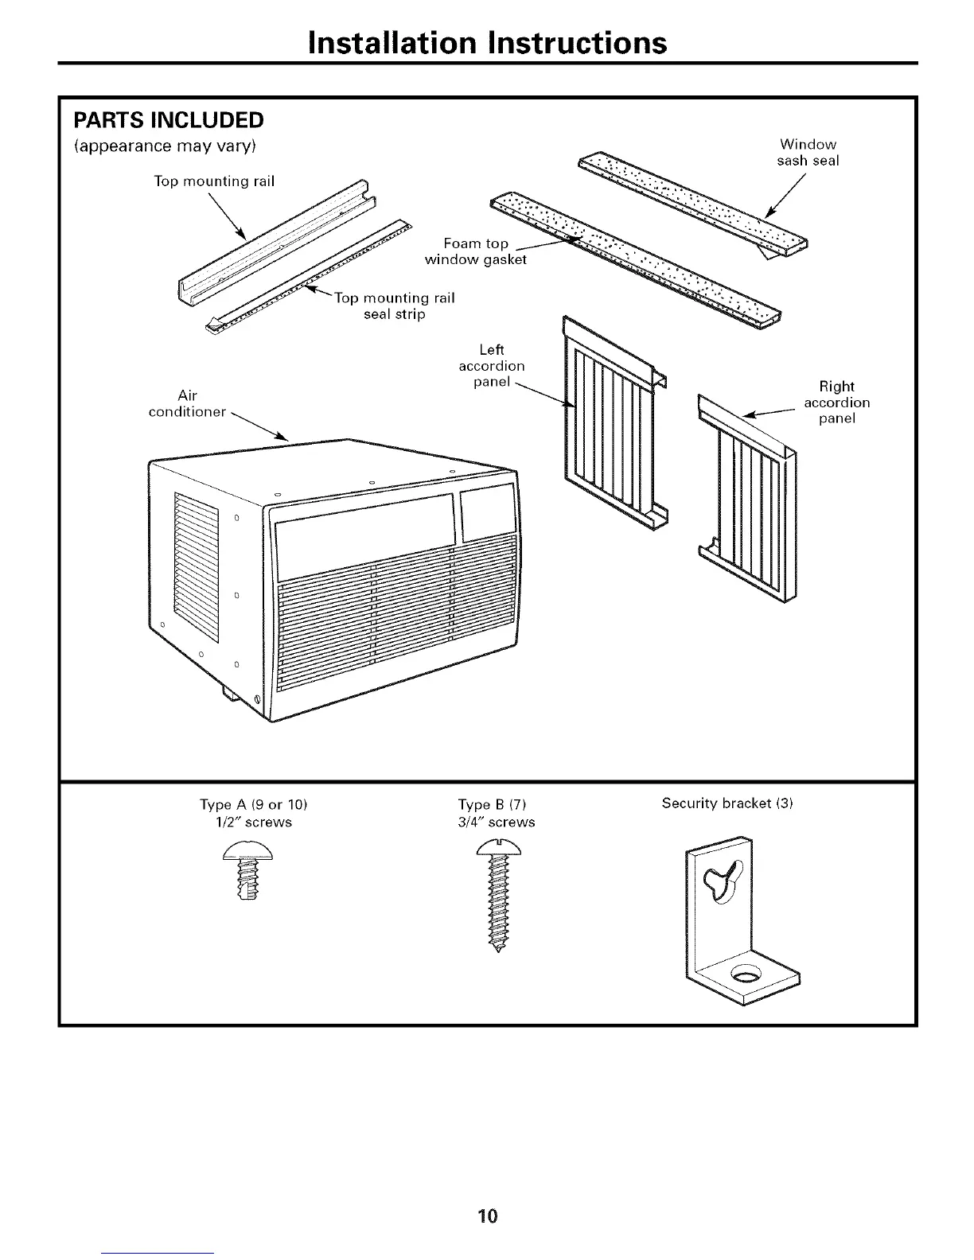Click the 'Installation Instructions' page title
coord(487,41)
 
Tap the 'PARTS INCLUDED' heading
coord(168,120)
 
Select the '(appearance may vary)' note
coord(165,146)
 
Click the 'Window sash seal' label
coord(808,152)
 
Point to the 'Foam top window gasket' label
coord(476,251)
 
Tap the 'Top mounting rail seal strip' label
coord(394,306)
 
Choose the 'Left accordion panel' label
coord(492,366)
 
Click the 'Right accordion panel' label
coord(836,402)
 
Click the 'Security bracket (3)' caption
coord(727,803)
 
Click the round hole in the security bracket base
coord(746,974)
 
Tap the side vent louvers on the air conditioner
coord(197,566)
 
